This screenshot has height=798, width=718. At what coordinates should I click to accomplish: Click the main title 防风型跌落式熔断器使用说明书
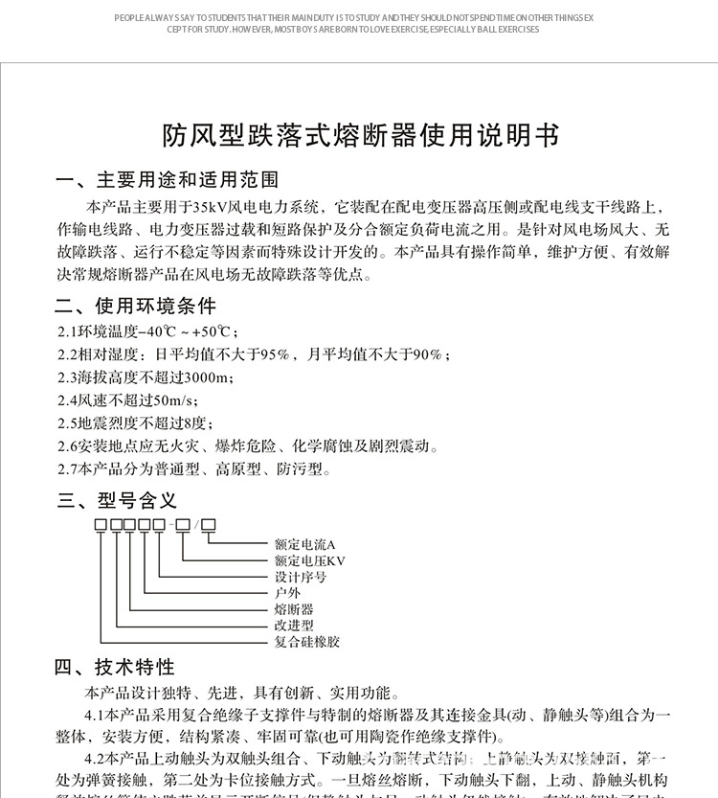[359, 136]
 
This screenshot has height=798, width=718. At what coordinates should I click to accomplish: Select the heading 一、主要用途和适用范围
[168, 180]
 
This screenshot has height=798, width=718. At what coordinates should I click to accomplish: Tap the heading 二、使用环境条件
[136, 307]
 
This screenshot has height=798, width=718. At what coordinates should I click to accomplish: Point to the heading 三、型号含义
[117, 500]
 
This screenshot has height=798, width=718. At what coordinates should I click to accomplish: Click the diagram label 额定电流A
[304, 544]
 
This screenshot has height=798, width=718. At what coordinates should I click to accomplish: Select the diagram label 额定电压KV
[309, 560]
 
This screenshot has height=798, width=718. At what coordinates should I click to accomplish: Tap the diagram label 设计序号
[300, 577]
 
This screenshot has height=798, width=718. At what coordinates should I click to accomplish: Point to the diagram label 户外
[287, 593]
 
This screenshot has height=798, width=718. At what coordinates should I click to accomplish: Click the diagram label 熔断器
[293, 609]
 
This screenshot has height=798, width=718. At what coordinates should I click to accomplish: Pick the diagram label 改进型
[293, 625]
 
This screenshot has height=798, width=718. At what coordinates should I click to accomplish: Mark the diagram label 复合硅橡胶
[306, 641]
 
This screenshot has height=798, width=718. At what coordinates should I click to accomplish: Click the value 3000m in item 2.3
[211, 377]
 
